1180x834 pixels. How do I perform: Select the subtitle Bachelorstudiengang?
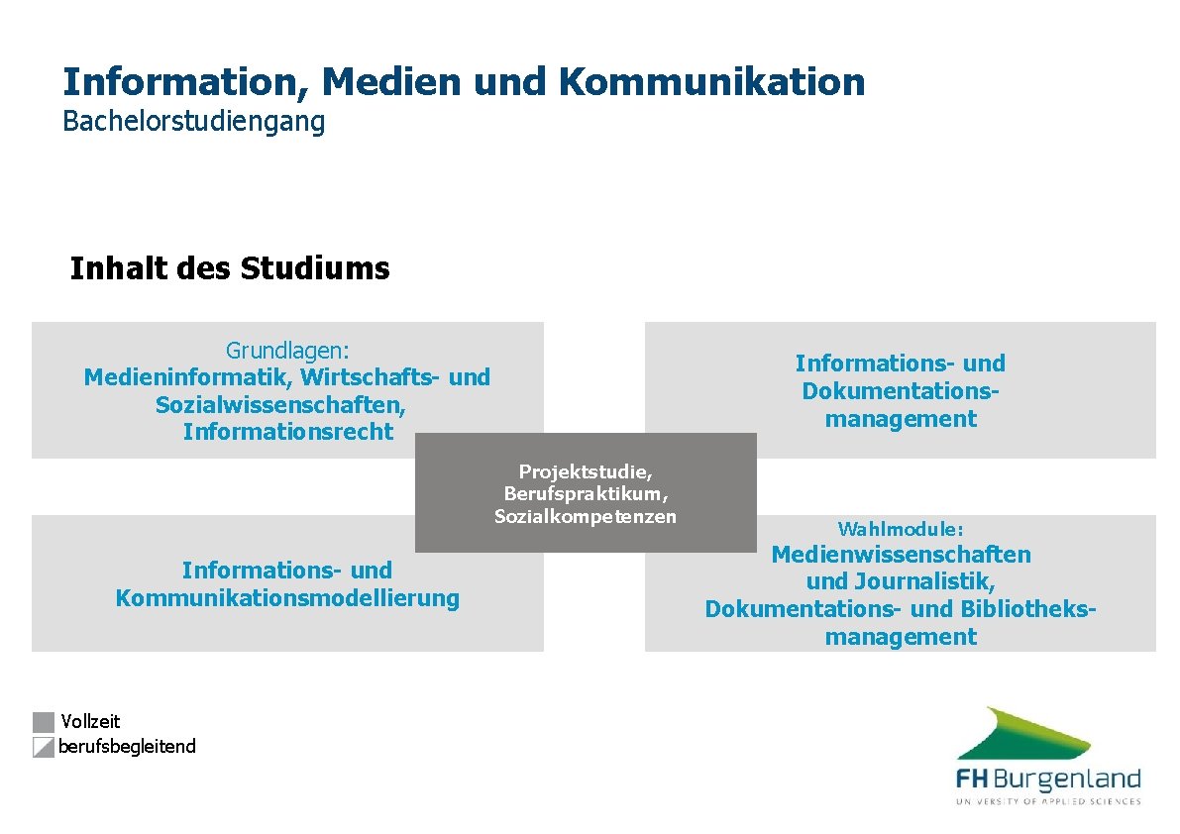click(x=193, y=122)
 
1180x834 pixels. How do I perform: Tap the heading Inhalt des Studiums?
click(x=230, y=268)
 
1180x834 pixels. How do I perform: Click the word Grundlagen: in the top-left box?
click(x=287, y=350)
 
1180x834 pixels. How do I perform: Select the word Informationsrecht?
click(x=287, y=433)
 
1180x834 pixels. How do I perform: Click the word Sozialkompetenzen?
click(x=585, y=516)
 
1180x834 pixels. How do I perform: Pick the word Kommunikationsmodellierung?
click(x=287, y=598)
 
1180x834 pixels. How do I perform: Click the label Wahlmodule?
click(x=900, y=529)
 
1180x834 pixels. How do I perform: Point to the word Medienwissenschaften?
click(x=901, y=555)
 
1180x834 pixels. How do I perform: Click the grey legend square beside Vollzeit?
click(x=43, y=722)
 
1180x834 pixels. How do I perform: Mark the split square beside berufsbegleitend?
click(x=43, y=747)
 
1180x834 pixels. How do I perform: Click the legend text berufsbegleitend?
click(x=127, y=747)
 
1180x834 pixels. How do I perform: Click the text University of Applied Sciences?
click(x=1048, y=800)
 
